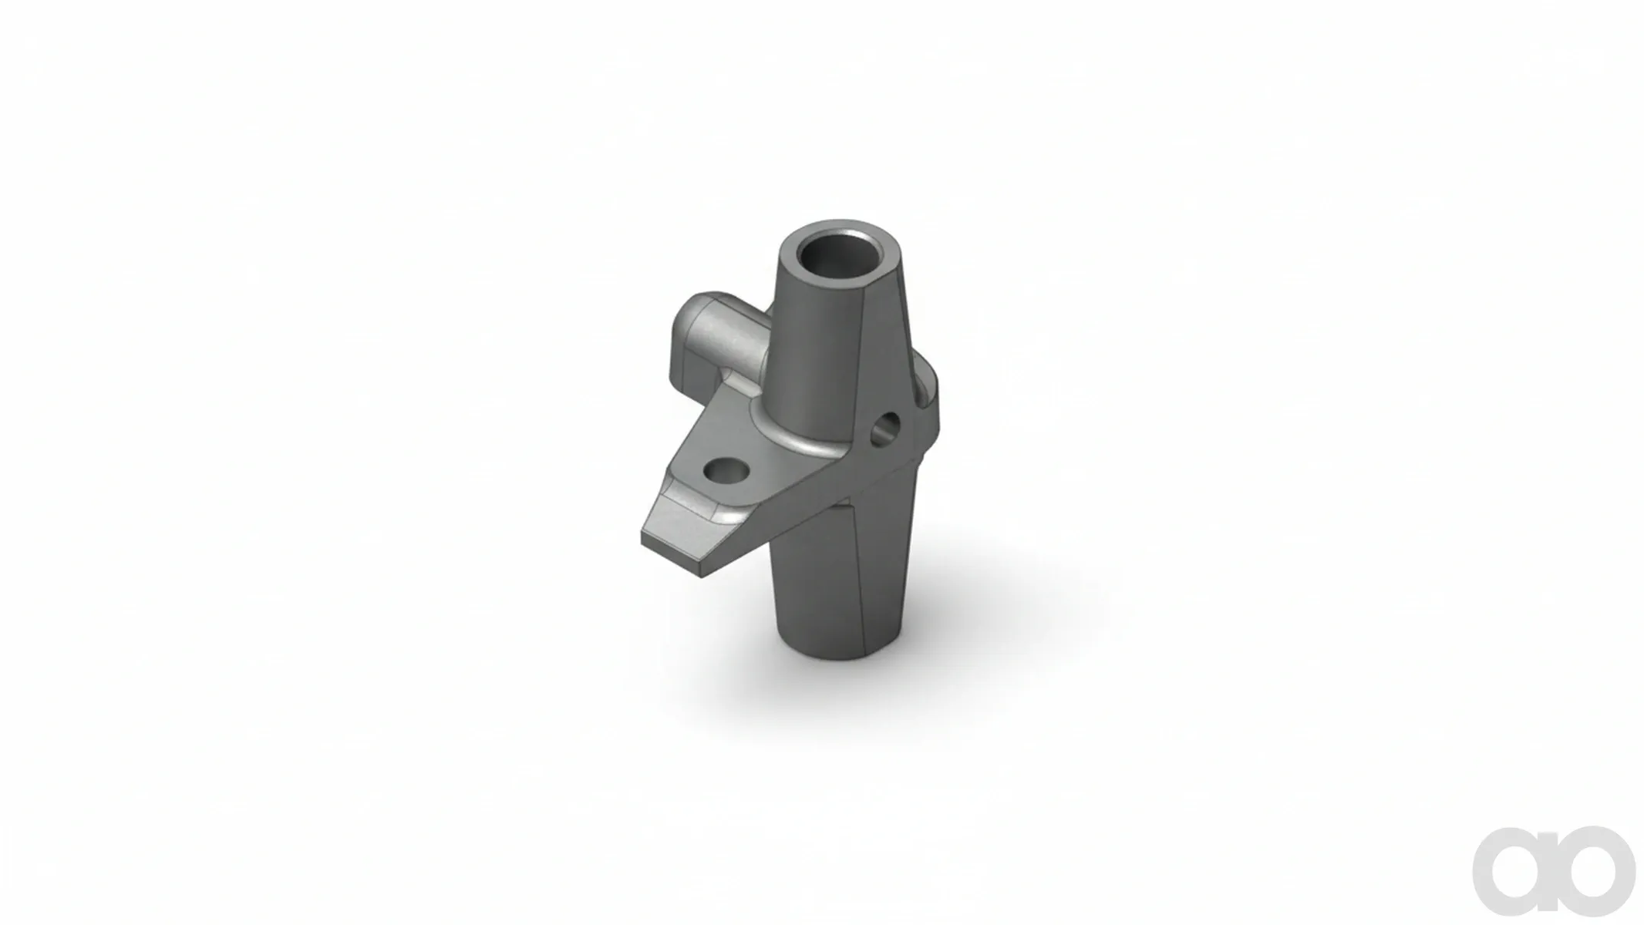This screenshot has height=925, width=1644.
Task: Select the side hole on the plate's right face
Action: pyautogui.click(x=885, y=428)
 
